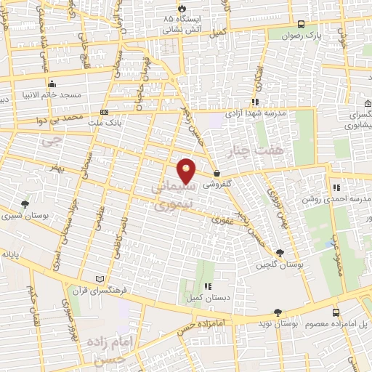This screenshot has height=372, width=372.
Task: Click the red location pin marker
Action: tap(187, 170)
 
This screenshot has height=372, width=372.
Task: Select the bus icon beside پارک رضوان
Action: tap(301, 23)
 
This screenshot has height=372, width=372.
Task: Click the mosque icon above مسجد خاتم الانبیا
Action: tap(52, 84)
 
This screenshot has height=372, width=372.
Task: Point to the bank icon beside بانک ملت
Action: tap(105, 113)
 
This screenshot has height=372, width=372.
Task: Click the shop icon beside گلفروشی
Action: tap(217, 173)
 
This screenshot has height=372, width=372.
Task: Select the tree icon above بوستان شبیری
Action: tap(25, 204)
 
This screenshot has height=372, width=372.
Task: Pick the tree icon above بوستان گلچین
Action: tap(280, 253)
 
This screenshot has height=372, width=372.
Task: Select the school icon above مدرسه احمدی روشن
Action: tap(336, 187)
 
